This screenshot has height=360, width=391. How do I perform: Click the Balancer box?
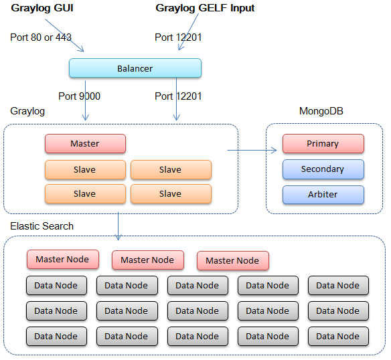(x=135, y=68)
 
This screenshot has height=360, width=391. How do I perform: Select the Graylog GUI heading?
(x=42, y=9)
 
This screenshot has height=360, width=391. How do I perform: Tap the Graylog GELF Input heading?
(x=205, y=9)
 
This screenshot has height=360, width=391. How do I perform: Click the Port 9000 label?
(x=79, y=96)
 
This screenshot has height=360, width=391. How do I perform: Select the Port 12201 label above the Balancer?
(x=178, y=37)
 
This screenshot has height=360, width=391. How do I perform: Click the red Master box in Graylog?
(x=85, y=144)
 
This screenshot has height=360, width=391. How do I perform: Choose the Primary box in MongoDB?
(x=323, y=144)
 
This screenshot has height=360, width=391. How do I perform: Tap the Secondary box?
(x=323, y=169)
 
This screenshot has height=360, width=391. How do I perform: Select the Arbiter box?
(x=323, y=195)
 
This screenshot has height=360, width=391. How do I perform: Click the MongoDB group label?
(x=321, y=111)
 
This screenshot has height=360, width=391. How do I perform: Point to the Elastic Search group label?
(x=42, y=226)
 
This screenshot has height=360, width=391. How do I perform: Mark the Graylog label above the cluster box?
(x=27, y=111)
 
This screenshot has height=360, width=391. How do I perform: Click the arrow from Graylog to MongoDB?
(x=252, y=150)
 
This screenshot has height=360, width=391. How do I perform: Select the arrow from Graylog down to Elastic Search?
(x=119, y=226)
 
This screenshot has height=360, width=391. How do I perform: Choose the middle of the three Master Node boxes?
(x=147, y=260)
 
